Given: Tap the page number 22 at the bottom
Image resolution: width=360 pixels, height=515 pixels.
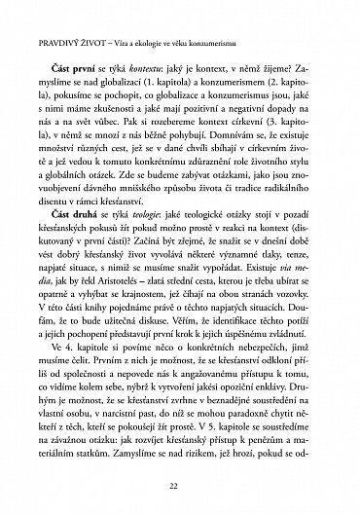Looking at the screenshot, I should (x=180, y=485).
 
